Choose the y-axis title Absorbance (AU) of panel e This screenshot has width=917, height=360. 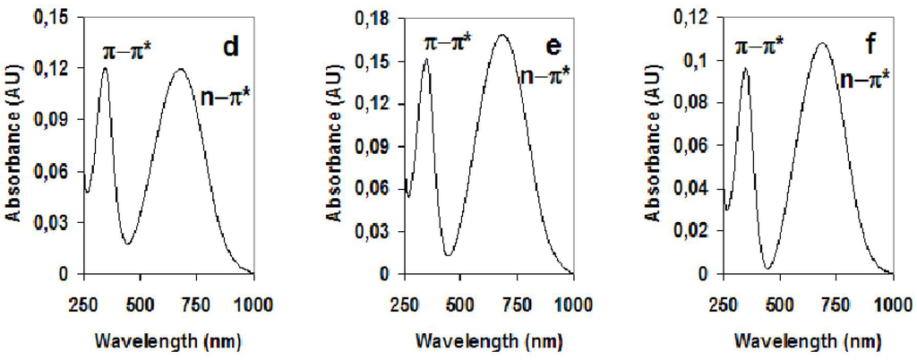pos(332,146)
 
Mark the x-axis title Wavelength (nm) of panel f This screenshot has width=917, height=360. pos(809,341)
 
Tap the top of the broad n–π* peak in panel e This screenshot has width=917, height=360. pos(502,35)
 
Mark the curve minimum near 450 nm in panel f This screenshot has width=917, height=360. pos(767,268)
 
